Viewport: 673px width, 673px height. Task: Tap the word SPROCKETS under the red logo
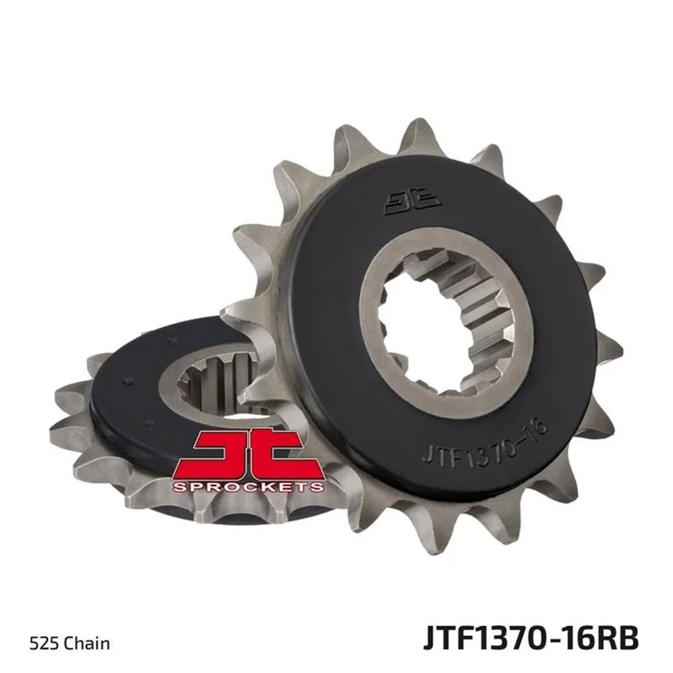coord(247,486)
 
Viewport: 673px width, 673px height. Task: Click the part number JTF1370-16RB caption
coord(531,639)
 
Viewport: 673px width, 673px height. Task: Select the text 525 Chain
coord(70,644)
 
